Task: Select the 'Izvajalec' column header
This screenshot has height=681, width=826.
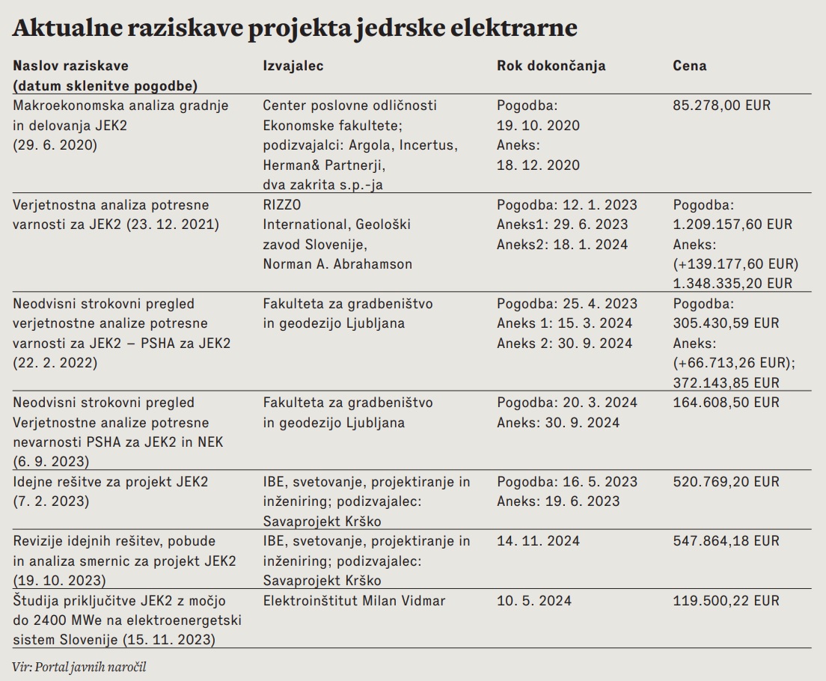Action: pyautogui.click(x=293, y=66)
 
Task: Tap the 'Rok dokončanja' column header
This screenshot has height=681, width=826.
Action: pyautogui.click(x=551, y=66)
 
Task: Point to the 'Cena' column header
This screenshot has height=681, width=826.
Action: pyautogui.click(x=689, y=66)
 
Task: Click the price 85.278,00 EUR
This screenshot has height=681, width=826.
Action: pyautogui.click(x=722, y=106)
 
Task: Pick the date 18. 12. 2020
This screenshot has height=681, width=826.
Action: pyautogui.click(x=538, y=165)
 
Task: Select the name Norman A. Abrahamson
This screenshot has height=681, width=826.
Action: pyautogui.click(x=338, y=264)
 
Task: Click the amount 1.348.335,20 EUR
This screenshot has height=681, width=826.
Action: pyautogui.click(x=732, y=284)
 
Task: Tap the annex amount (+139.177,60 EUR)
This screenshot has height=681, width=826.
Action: pyautogui.click(x=735, y=264)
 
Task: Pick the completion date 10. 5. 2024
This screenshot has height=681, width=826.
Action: pyautogui.click(x=533, y=601)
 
